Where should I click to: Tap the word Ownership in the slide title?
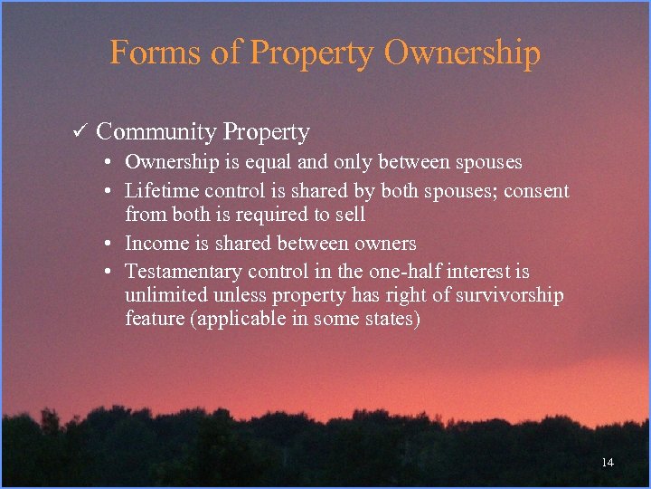(x=461, y=53)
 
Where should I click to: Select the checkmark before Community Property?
(x=79, y=132)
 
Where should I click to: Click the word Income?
(x=154, y=243)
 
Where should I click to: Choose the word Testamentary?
(x=184, y=272)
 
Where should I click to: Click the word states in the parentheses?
(x=390, y=319)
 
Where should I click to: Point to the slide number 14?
(x=607, y=463)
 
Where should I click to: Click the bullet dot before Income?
(x=107, y=244)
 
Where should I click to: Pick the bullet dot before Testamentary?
(x=107, y=273)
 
